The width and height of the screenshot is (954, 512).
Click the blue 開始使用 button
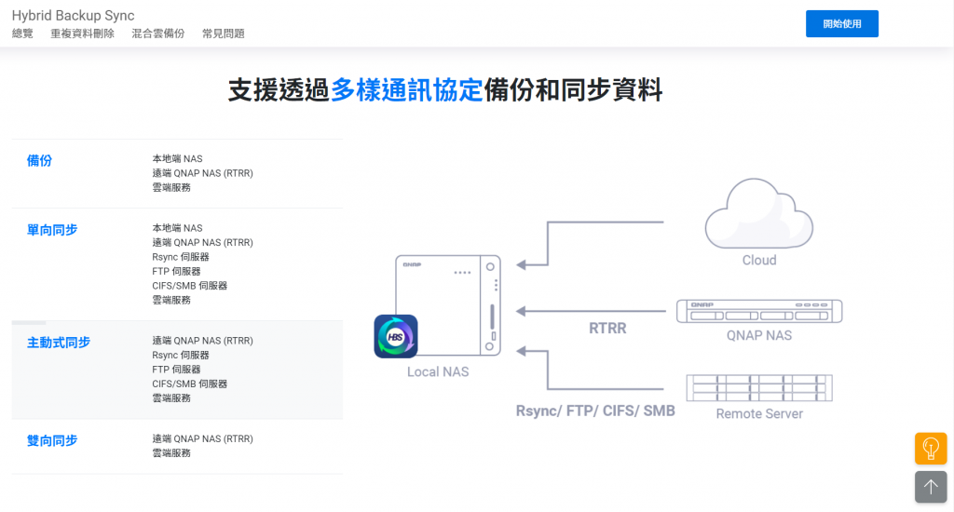841,23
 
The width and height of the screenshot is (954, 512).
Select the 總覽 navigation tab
22,34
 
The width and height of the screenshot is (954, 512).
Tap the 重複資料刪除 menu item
82,34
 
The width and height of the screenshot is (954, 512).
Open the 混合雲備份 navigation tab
157,34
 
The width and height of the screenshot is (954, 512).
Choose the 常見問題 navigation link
223,34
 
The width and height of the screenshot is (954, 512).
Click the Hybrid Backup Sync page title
73,16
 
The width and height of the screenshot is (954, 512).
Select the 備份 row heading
39,160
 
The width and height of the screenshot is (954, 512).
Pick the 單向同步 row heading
52,229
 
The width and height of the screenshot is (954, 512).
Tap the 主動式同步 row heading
59,342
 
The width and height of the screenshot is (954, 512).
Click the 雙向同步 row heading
52,439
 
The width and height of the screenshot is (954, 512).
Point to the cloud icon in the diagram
758,213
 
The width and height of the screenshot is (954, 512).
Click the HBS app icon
395,336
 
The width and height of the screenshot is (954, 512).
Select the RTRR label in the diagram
607,328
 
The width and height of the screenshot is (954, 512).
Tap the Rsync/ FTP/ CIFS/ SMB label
595,411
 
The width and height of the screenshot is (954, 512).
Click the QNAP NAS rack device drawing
758,310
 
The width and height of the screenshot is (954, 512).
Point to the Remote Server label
758,413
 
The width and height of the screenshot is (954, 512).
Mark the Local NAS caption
438,371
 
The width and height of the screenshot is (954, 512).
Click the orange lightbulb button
930,449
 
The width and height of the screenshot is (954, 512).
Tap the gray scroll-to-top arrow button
930,487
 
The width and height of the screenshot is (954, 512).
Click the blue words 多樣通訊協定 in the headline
406,90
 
